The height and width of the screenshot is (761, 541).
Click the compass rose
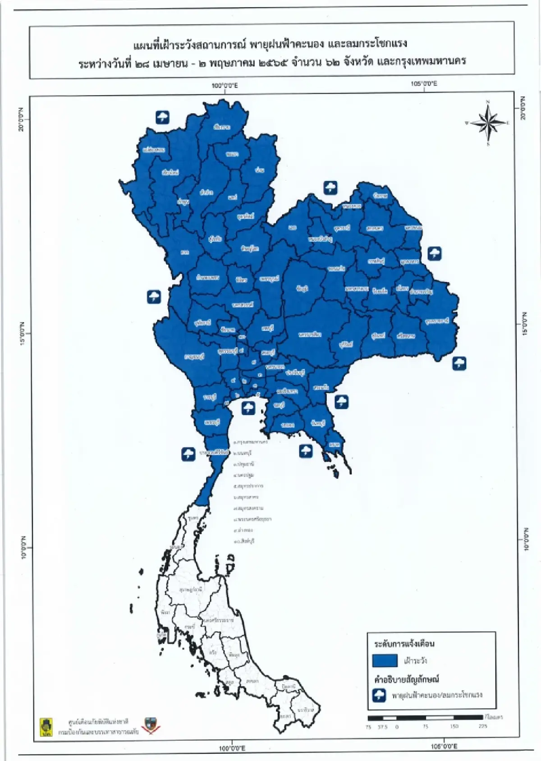(x=488, y=123)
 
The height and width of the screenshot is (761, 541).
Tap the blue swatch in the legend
(x=385, y=660)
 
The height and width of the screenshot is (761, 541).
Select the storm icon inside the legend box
(x=379, y=695)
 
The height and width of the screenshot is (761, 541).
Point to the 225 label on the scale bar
(x=483, y=726)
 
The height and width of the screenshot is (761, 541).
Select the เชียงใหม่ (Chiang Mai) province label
(x=170, y=172)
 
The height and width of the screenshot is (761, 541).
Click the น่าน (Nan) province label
(x=259, y=170)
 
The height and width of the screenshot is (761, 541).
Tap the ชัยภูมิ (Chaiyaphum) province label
(x=302, y=288)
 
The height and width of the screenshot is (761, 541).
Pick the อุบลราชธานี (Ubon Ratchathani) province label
(x=437, y=321)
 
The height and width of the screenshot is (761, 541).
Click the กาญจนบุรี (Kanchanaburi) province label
(x=195, y=357)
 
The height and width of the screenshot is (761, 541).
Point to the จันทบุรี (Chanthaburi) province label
(x=318, y=423)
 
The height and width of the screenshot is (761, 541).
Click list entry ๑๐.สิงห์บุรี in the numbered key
(x=244, y=541)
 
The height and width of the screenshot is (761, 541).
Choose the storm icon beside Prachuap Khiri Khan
(x=188, y=454)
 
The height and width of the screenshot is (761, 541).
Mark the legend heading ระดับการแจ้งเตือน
(x=404, y=643)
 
